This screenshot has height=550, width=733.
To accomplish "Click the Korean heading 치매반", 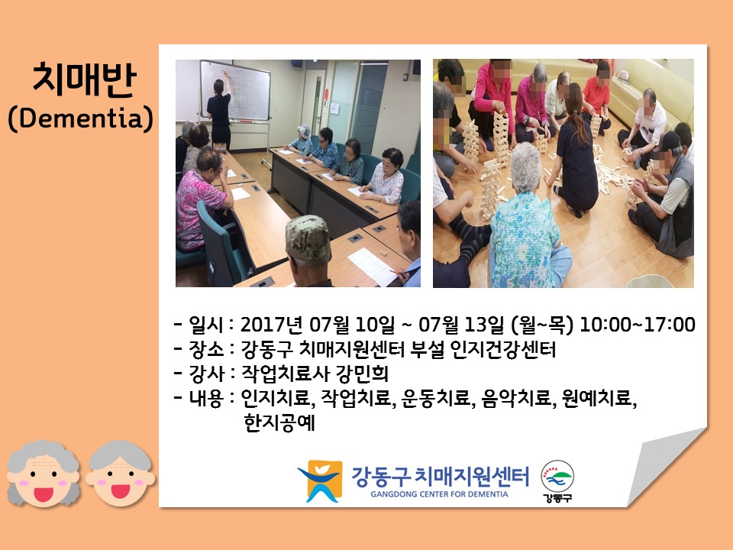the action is (84, 79).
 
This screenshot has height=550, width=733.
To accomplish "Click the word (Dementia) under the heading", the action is (80, 118).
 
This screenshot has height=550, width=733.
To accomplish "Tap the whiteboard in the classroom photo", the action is (235, 90).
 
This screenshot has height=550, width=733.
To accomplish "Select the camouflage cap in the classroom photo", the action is (308, 238).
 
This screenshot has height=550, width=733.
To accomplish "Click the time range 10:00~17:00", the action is (637, 325).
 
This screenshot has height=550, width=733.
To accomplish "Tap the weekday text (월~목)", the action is (542, 325).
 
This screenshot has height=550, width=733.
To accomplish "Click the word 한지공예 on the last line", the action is (279, 422).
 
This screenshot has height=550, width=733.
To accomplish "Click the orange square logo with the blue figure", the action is (320, 480).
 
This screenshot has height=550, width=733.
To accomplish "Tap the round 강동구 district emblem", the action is (557, 480).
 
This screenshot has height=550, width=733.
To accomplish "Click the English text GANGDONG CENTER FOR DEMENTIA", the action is (439, 494).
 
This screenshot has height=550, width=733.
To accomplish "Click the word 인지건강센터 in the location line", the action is (503, 349).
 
